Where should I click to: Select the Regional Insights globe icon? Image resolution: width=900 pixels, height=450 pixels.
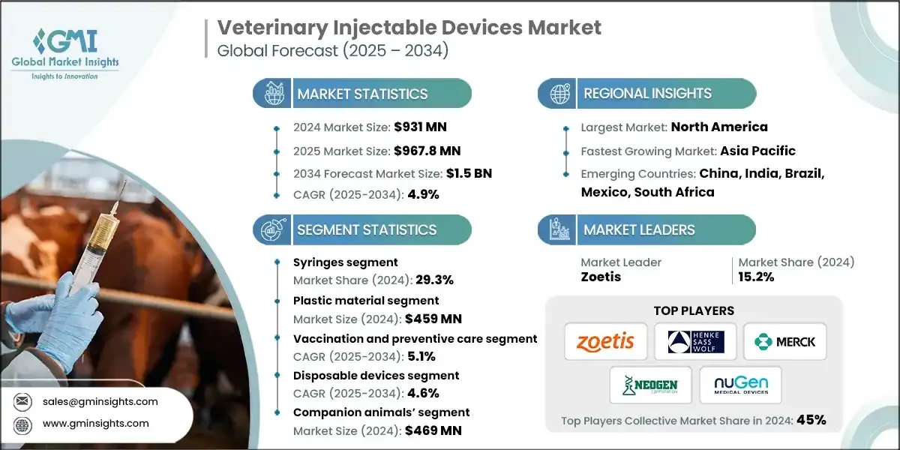(558, 94)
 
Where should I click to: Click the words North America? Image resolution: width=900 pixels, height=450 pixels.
(718, 127)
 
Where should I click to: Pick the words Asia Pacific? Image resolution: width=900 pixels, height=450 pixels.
(757, 150)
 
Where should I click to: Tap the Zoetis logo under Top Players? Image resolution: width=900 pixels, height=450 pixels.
(605, 343)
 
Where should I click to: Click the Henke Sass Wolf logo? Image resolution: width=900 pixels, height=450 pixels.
(695, 343)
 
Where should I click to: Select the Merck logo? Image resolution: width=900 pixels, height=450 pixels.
(785, 343)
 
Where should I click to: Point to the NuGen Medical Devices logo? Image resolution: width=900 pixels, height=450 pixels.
(740, 385)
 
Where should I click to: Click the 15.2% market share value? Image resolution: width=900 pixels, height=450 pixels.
(756, 277)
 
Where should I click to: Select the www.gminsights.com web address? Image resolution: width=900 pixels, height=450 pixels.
(95, 423)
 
